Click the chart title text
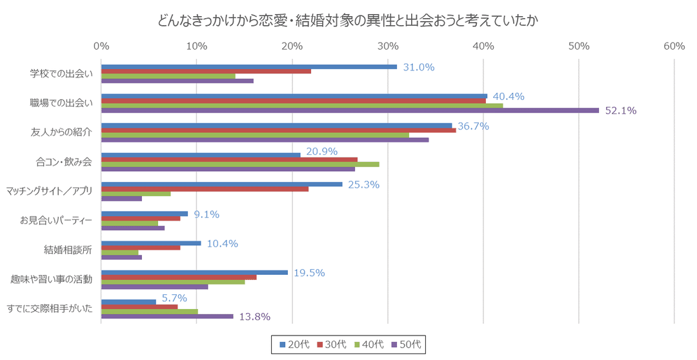click(348, 21)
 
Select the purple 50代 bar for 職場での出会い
click(350, 110)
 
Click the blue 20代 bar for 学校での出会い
click(248, 66)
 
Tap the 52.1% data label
click(620, 111)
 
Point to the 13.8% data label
click(254, 317)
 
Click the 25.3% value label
click(363, 185)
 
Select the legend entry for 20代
click(294, 345)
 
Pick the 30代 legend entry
click(332, 345)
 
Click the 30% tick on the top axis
click(388, 46)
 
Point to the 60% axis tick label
click(674, 46)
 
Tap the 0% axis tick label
click(101, 46)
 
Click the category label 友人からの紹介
click(61, 132)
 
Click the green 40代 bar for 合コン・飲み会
click(240, 164)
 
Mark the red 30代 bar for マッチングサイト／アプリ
click(205, 188)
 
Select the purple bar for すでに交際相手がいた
click(167, 316)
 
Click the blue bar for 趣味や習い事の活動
click(194, 272)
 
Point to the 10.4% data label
click(223, 243)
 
